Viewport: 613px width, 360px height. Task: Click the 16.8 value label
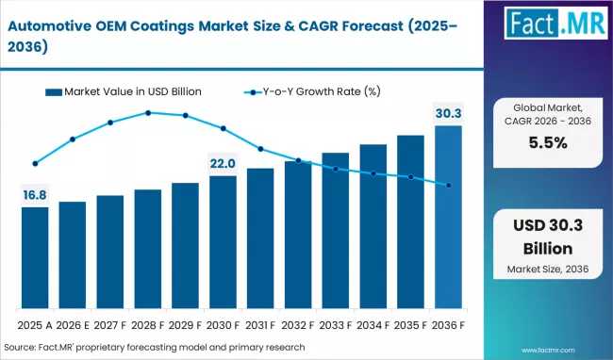[x=35, y=195]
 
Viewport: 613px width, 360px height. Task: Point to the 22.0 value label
[x=223, y=164]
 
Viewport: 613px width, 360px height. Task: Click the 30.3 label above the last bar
[x=448, y=114]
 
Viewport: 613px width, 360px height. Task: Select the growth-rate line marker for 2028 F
[x=148, y=113]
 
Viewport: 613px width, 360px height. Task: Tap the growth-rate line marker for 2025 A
[x=35, y=163]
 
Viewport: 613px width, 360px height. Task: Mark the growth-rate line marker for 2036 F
[x=448, y=186]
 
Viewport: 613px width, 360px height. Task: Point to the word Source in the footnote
[x=24, y=348]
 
